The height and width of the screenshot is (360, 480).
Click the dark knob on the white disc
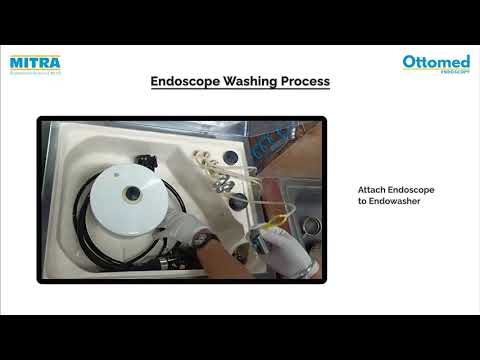(x=131, y=193)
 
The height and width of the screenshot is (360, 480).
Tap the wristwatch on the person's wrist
(x=204, y=240)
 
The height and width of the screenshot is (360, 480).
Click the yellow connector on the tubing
(x=283, y=213)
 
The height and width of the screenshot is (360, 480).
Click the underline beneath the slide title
(x=240, y=91)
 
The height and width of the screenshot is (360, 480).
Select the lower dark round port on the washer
(x=237, y=201)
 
